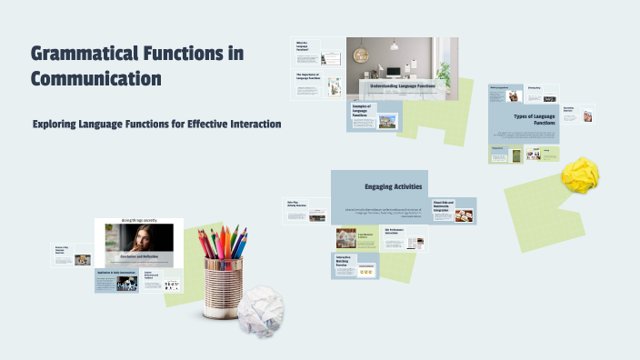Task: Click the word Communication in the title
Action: pos(96,78)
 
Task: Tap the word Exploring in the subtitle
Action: pos(58,124)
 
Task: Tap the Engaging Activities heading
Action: pos(393,187)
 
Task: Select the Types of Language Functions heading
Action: pos(535,122)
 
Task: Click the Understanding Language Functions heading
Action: pos(405,85)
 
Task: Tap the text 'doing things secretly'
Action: pos(139,221)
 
